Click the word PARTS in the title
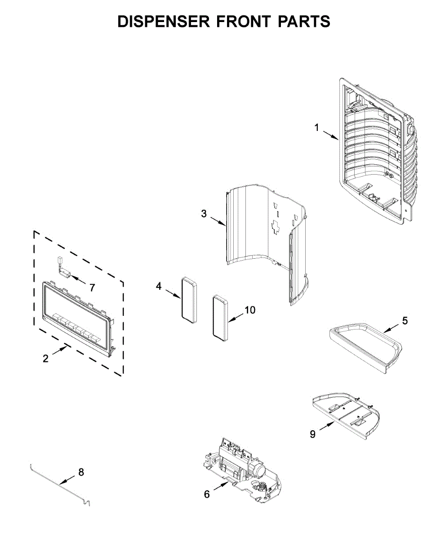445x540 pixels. [303, 21]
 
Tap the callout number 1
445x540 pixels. [316, 128]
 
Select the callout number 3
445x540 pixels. [204, 213]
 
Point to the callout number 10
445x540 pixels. [249, 310]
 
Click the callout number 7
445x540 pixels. [92, 287]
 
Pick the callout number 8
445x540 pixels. [81, 472]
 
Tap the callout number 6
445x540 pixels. [207, 494]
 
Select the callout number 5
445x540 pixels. [405, 320]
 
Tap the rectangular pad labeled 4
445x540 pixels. [189, 300]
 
